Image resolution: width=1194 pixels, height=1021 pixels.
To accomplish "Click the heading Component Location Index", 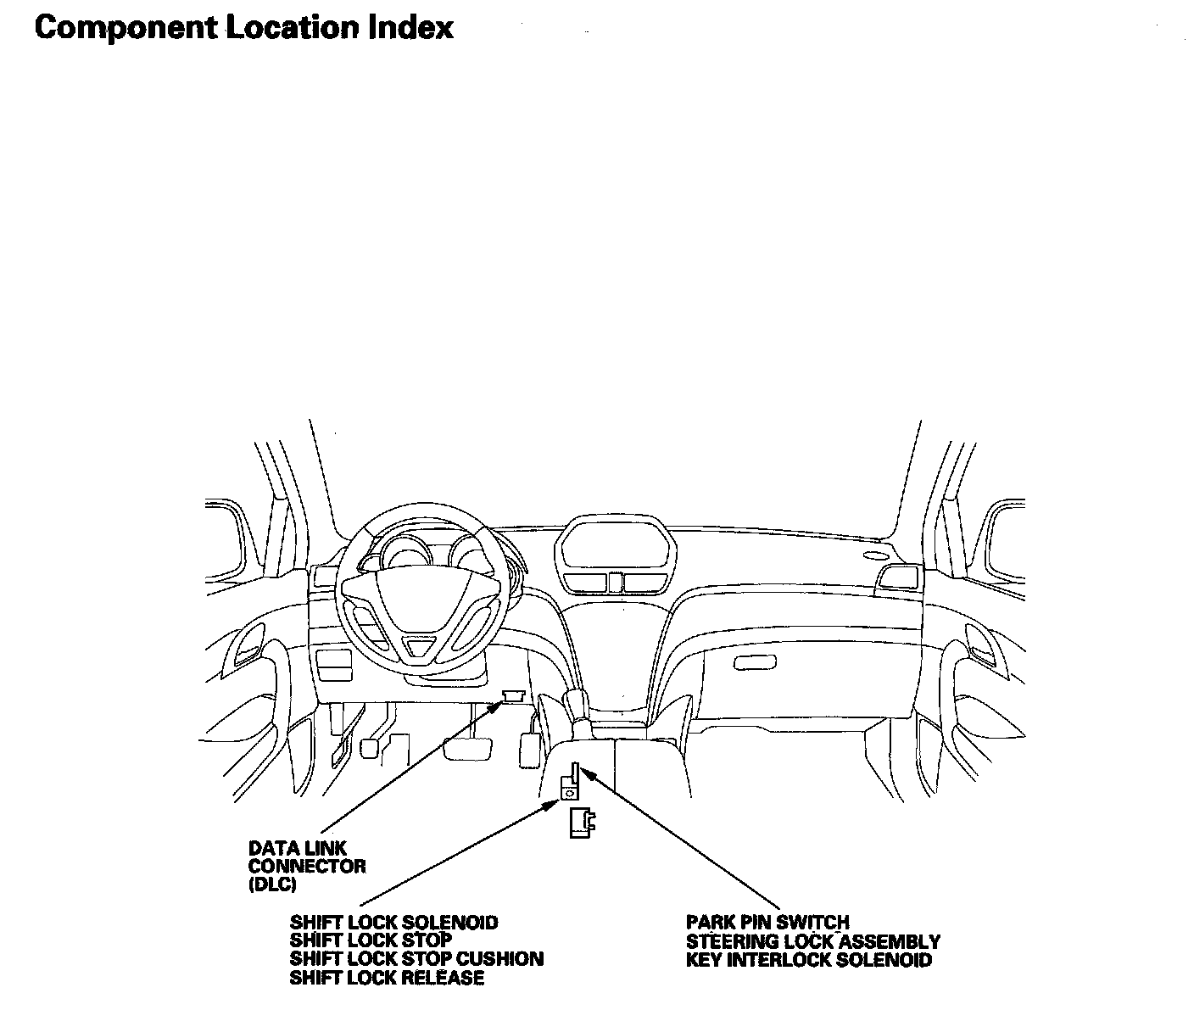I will [x=244, y=27].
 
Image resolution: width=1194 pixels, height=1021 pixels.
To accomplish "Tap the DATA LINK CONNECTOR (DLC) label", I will [x=307, y=867].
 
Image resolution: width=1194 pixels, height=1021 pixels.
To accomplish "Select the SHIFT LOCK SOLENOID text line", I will [x=393, y=922].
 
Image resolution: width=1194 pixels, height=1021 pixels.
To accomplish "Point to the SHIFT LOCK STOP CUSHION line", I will [x=416, y=959].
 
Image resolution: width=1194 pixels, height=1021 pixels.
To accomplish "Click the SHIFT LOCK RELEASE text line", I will [x=387, y=978].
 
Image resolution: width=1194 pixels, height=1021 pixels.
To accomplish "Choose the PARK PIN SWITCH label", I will [x=767, y=922].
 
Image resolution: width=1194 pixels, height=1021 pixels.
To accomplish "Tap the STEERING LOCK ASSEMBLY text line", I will [x=812, y=941].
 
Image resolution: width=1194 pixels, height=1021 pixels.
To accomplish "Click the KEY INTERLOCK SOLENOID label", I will [x=809, y=960].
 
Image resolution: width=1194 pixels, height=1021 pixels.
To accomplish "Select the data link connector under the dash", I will [x=512, y=695].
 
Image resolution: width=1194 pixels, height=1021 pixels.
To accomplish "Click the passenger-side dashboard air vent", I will [x=900, y=577].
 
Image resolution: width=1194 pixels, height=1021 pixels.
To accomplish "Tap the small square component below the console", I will [x=582, y=823].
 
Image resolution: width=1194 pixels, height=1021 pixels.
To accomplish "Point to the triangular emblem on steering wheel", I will [x=420, y=648].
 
